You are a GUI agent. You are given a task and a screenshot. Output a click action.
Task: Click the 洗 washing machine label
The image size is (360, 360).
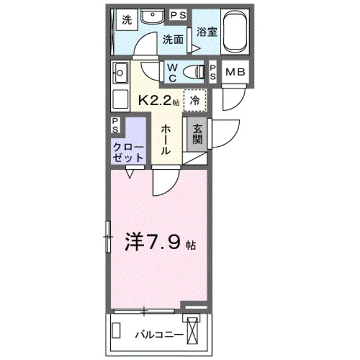(127, 21)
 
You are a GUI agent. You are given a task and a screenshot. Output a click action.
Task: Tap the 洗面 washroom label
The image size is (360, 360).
(173, 39)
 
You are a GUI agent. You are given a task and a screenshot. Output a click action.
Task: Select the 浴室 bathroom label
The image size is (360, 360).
(206, 33)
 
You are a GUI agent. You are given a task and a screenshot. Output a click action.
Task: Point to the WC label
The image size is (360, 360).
(172, 71)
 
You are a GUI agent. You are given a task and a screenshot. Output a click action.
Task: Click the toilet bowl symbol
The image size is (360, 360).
(194, 71)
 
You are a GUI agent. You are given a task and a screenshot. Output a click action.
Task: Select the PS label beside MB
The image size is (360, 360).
(213, 71)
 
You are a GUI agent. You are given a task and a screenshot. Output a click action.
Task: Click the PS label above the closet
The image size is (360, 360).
(115, 124)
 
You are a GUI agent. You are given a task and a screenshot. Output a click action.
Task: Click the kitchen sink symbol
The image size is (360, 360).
(120, 73)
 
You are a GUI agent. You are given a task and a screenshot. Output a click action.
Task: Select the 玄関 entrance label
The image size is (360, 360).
(198, 134)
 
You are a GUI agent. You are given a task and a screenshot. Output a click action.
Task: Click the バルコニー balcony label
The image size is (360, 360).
(158, 335)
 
